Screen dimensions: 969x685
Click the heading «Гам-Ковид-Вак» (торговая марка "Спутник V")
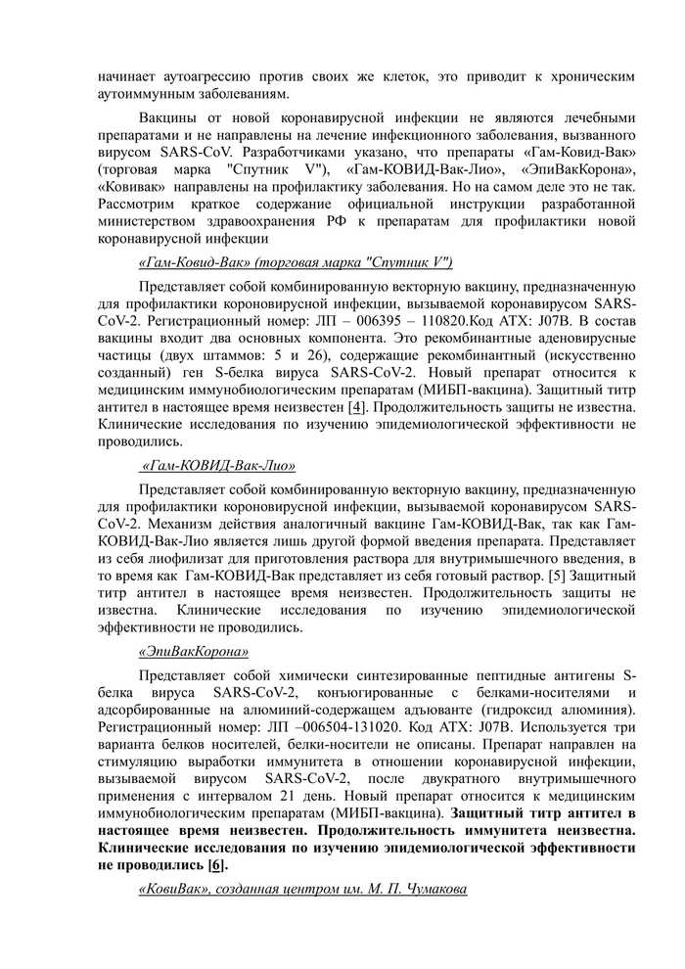pyautogui.click(x=296, y=262)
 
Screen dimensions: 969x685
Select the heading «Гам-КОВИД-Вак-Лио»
pyautogui.click(x=219, y=466)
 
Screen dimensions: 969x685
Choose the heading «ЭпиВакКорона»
pyautogui.click(x=193, y=652)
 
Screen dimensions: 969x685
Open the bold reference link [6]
pyautogui.click(x=215, y=864)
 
